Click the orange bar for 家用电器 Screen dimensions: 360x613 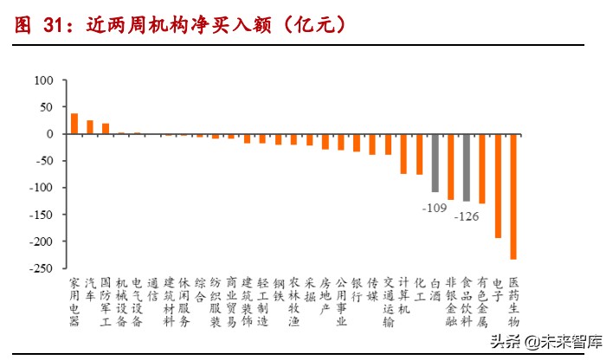coord(74,124)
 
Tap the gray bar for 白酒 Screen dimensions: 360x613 coord(436,163)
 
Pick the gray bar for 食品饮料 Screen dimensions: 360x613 coord(467,167)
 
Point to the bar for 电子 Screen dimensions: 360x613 coord(498,185)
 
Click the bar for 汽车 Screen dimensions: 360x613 coord(90,127)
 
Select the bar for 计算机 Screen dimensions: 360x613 coord(403,154)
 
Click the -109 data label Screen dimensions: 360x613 coord(435,209)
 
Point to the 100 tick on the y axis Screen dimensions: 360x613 coord(43,80)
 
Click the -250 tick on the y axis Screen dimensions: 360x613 coord(40,268)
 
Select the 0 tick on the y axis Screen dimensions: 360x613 coord(50,134)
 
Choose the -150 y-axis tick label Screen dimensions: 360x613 coord(40,215)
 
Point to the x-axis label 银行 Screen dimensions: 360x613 coord(357,289)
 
